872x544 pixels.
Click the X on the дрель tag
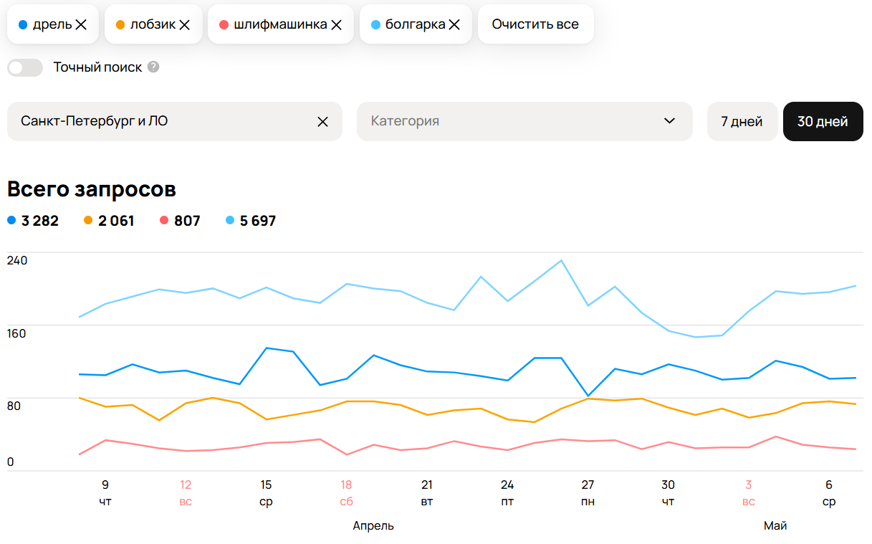click(81, 25)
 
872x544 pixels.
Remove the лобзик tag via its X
click(185, 25)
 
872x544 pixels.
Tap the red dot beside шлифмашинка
click(224, 24)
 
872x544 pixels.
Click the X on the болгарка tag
click(454, 25)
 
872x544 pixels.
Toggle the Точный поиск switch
click(25, 67)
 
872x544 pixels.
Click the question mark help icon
click(153, 67)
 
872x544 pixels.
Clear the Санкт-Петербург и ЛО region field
click(322, 122)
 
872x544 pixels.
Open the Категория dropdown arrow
click(669, 120)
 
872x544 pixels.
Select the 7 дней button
click(742, 122)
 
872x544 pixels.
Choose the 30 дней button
click(823, 122)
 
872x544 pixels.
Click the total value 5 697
click(258, 221)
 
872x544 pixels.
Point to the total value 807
click(187, 221)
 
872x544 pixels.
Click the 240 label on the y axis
click(17, 260)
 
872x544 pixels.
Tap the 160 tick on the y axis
click(16, 334)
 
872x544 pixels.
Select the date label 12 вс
click(186, 493)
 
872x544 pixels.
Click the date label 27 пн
click(588, 493)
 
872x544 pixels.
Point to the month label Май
click(775, 525)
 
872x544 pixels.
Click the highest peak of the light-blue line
click(561, 260)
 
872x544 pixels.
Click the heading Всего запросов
click(92, 190)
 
